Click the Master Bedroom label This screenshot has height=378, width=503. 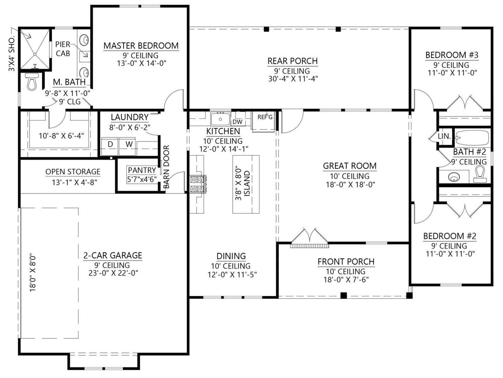point(141,46)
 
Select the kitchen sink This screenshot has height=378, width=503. point(220,118)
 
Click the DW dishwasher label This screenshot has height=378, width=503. point(237,122)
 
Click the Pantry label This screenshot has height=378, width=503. point(142,170)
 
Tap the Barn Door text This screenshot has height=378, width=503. point(167,167)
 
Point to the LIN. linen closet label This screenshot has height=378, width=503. point(444,136)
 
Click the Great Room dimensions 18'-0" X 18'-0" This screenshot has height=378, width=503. point(351,185)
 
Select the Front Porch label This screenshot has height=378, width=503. point(346,261)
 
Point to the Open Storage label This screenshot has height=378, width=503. point(73,172)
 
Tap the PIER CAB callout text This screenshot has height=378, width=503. point(63,49)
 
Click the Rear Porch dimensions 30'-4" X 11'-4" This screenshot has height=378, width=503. point(293,79)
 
